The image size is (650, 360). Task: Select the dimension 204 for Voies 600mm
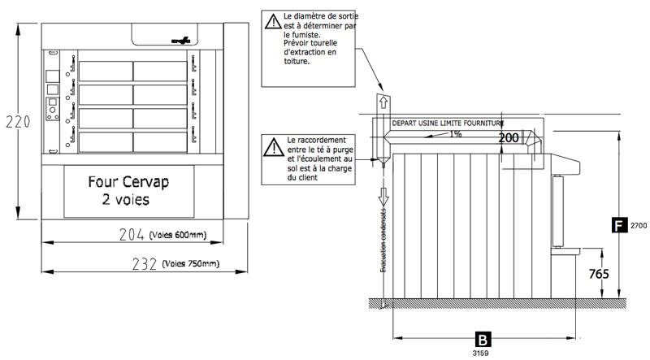pos(133,236)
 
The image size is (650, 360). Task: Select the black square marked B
pos(483,339)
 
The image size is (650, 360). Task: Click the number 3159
pos(483,353)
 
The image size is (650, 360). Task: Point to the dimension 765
pos(598,275)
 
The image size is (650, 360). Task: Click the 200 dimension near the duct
pos(509,138)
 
